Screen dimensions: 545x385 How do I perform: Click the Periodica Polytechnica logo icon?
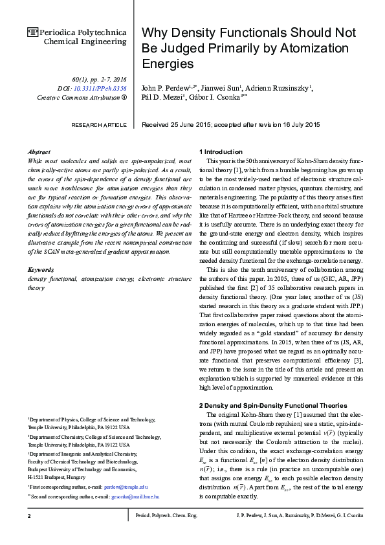[32, 31]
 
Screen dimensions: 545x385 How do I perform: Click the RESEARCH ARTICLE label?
[98, 124]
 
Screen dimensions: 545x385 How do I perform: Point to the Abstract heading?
[39, 151]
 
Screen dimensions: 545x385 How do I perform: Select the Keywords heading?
[41, 269]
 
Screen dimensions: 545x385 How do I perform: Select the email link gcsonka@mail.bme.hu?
[135, 496]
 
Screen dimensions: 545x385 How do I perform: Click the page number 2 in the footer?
[29, 533]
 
